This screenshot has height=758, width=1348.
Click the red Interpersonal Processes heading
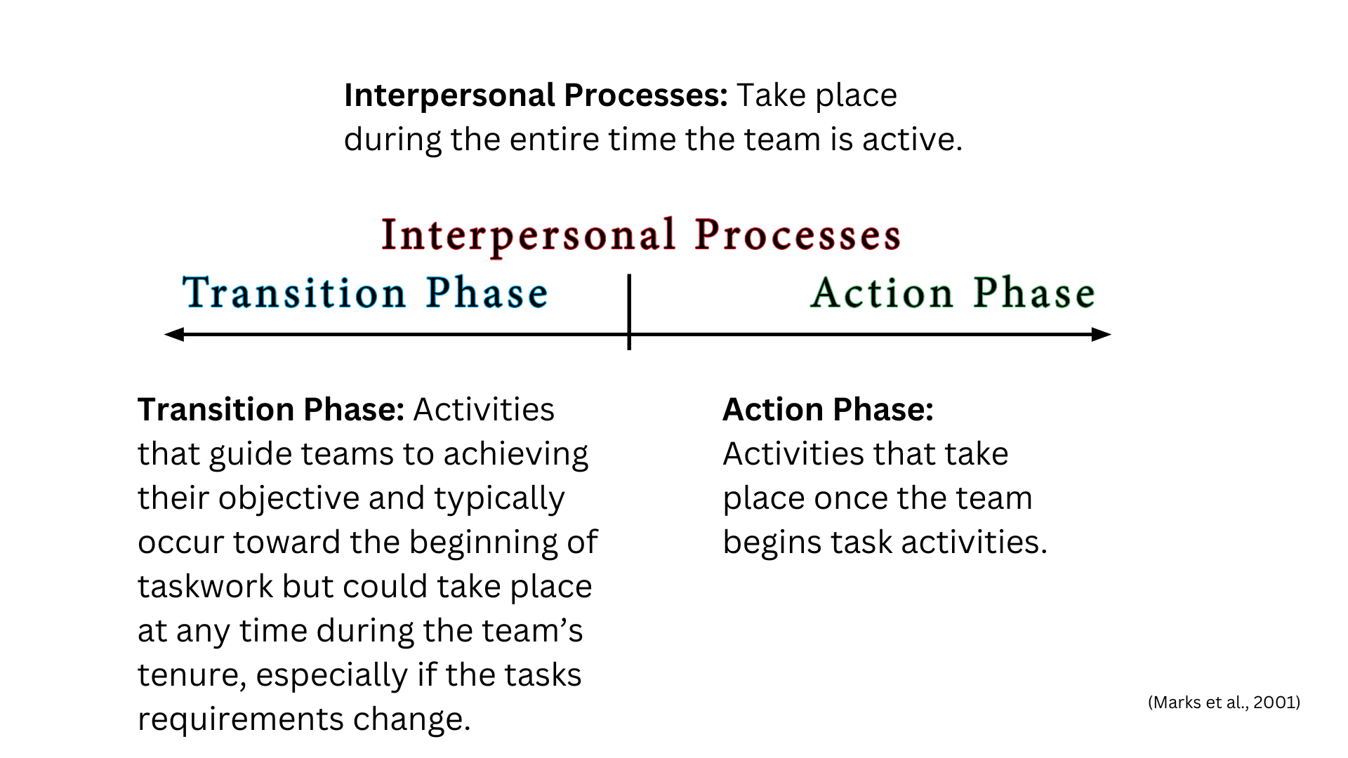641,235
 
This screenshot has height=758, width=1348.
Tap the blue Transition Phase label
365,293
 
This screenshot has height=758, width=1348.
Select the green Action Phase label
953,293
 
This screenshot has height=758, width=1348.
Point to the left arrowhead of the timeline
174,335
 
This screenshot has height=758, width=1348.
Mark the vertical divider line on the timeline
629,312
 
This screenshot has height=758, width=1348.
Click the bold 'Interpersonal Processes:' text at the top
536,95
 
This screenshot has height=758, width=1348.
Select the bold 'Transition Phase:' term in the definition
271,409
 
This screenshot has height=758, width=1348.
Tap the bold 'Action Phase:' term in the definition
828,409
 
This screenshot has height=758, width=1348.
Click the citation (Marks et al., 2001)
1224,703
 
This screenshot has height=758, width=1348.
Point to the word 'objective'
289,499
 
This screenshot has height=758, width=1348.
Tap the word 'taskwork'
205,587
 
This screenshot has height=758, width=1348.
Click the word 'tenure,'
192,676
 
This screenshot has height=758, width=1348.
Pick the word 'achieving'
516,455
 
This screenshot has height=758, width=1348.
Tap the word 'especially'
331,676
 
